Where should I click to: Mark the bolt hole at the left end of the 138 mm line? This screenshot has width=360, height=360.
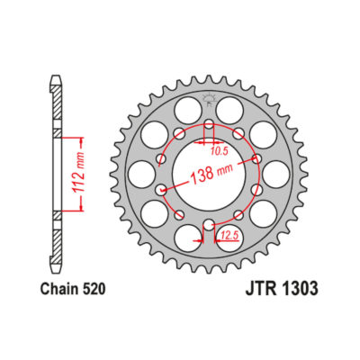tap(161, 190)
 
